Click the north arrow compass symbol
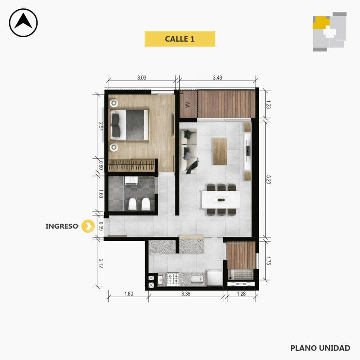[x=23, y=23]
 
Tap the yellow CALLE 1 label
[x=180, y=39]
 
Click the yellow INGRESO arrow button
[x=88, y=226]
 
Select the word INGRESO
[x=62, y=226]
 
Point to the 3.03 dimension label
[x=142, y=78]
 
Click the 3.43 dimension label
[x=217, y=78]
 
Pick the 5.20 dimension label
[x=268, y=180]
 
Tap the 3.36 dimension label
[x=186, y=294]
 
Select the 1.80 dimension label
[x=128, y=294]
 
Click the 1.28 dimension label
[x=241, y=294]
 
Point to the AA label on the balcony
[x=187, y=105]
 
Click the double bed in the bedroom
[x=130, y=125]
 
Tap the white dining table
[x=221, y=200]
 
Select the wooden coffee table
[x=220, y=151]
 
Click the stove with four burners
[x=173, y=279]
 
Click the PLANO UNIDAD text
[x=320, y=348]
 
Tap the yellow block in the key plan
[x=321, y=22]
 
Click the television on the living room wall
[x=248, y=151]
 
